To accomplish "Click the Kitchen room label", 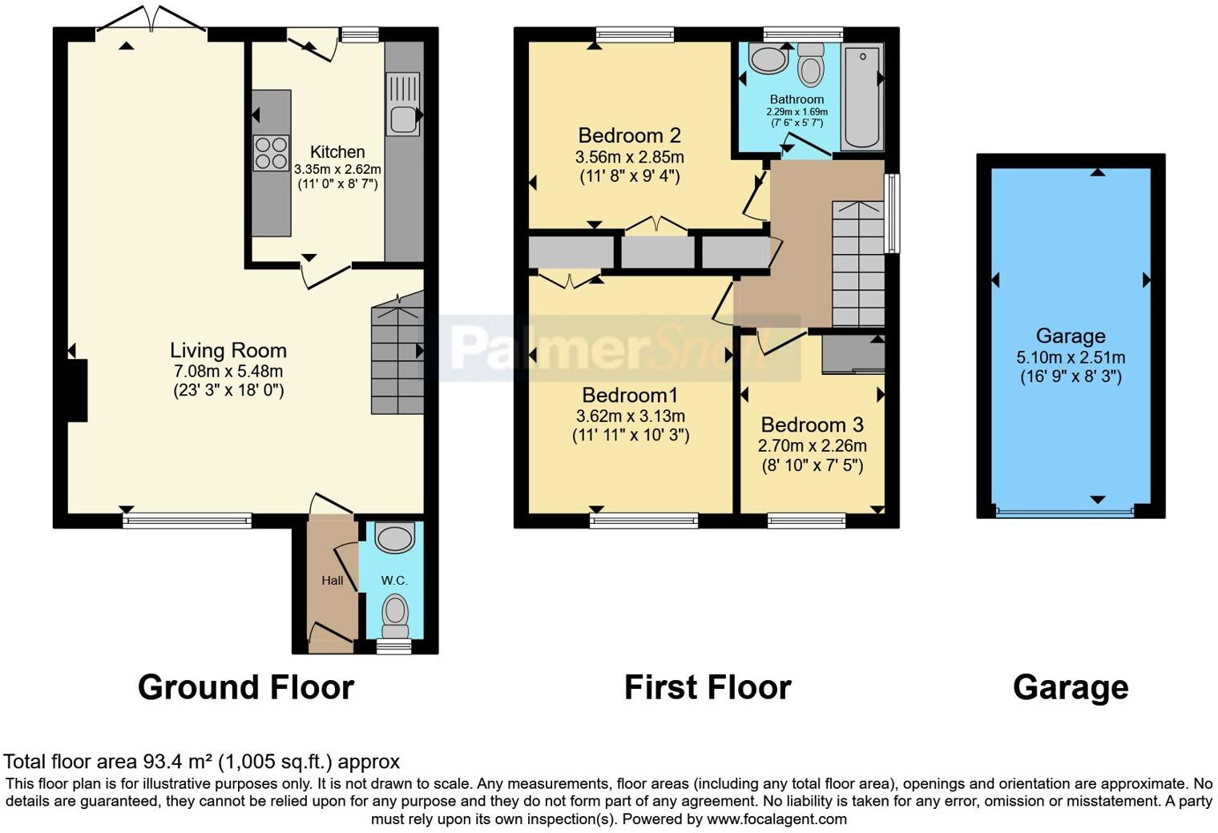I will pyautogui.click(x=337, y=152).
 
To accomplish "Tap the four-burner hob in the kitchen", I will pyautogui.click(x=271, y=153).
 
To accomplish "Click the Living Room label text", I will pyautogui.click(x=228, y=351).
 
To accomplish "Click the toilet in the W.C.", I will pyautogui.click(x=394, y=614).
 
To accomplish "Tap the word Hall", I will pyautogui.click(x=333, y=581).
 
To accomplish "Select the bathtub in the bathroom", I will pyautogui.click(x=861, y=98).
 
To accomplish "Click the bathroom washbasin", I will pyautogui.click(x=767, y=59).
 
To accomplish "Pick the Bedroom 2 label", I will pyautogui.click(x=629, y=135).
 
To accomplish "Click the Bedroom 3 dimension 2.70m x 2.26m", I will pyautogui.click(x=813, y=446).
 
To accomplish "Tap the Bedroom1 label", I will pyautogui.click(x=630, y=396).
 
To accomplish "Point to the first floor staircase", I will pyautogui.click(x=857, y=264).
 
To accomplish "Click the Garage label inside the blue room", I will pyautogui.click(x=1071, y=336).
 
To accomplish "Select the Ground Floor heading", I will pyautogui.click(x=246, y=687).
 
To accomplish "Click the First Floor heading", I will pyautogui.click(x=708, y=687).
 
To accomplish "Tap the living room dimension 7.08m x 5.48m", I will pyautogui.click(x=228, y=372).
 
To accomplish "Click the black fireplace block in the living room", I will pyautogui.click(x=76, y=390).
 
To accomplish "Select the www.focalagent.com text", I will pyautogui.click(x=776, y=819).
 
